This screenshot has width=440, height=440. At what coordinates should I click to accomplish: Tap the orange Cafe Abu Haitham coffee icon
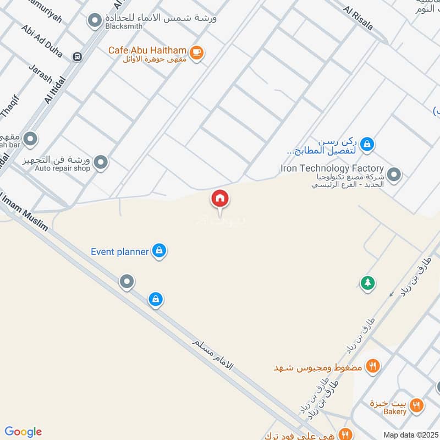(x=197, y=53)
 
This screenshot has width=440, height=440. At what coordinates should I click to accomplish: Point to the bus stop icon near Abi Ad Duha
(x=77, y=56)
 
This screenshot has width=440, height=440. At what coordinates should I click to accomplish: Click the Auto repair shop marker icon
(x=101, y=162)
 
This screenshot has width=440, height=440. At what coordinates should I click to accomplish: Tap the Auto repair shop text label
(x=62, y=168)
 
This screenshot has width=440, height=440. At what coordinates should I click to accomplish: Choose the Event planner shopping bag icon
(x=159, y=251)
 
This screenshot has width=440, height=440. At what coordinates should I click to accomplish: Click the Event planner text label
(x=120, y=252)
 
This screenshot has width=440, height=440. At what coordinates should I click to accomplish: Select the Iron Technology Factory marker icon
(x=394, y=175)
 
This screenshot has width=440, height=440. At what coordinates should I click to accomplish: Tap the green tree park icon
(x=367, y=283)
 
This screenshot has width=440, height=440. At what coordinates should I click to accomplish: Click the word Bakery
(x=395, y=412)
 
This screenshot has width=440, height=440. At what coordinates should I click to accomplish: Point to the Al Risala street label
(x=358, y=18)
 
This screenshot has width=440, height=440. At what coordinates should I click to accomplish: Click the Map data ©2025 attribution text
(x=410, y=435)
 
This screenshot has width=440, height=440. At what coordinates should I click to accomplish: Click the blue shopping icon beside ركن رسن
(x=367, y=145)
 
